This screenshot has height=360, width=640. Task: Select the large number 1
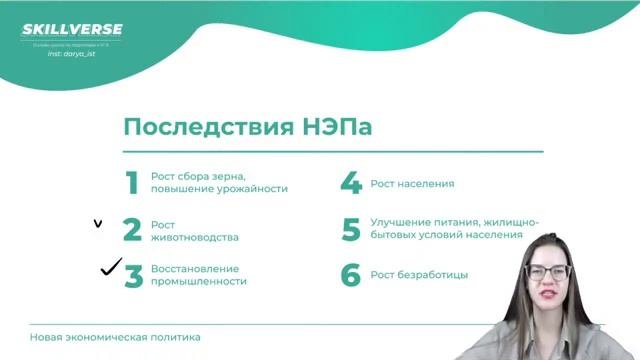pyautogui.click(x=131, y=183)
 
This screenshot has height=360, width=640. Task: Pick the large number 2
pyautogui.click(x=132, y=230)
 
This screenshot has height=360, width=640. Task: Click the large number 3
pyautogui.click(x=133, y=276)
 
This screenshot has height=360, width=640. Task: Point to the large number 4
pyautogui.click(x=350, y=183)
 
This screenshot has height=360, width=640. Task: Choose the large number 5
pyautogui.click(x=350, y=230)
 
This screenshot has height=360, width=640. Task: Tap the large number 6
pyautogui.click(x=350, y=275)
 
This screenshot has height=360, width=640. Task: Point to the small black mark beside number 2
pyautogui.click(x=97, y=224)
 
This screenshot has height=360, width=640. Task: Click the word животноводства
pyautogui.click(x=195, y=238)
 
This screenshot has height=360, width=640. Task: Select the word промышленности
pyautogui.click(x=199, y=282)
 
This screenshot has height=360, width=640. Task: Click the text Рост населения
pyautogui.click(x=412, y=183)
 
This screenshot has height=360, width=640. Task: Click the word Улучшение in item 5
pyautogui.click(x=401, y=222)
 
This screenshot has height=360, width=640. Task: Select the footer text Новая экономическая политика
pyautogui.click(x=115, y=337)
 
